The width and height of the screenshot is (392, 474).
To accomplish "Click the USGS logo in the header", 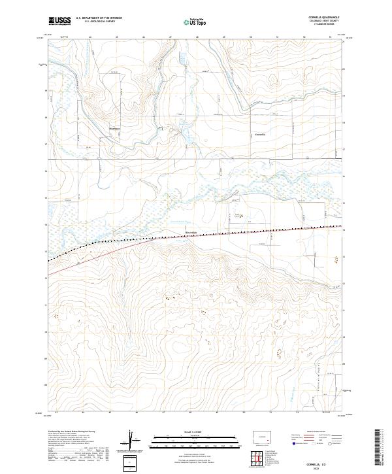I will click(x=60, y=21).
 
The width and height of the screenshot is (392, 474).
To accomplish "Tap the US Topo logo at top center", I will click(x=196, y=22).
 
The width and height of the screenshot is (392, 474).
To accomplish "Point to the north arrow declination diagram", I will click(x=131, y=441).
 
